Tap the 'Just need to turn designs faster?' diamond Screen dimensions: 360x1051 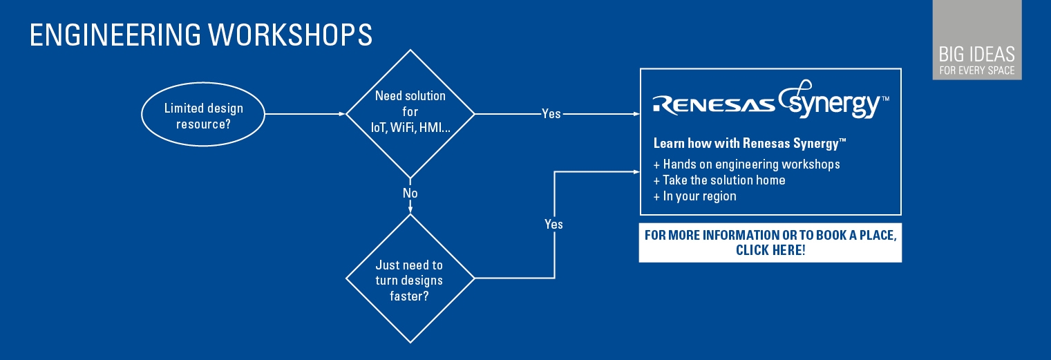[410, 279]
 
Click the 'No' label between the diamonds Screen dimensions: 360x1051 [410, 193]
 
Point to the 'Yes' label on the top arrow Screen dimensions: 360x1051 [551, 114]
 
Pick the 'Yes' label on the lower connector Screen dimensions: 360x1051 [553, 224]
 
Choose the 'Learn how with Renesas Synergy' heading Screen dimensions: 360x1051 [750, 144]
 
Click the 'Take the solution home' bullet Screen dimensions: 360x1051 [719, 180]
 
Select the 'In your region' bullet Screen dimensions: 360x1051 [695, 196]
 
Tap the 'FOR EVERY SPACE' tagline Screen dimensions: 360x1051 [976, 70]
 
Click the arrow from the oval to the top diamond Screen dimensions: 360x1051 [304, 114]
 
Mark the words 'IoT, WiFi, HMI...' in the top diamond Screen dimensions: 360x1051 [410, 128]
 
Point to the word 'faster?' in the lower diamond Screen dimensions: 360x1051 [410, 296]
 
